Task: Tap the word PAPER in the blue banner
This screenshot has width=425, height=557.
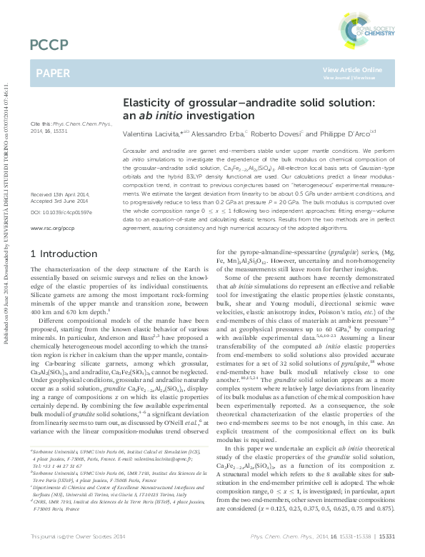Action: pyautogui.click(x=53, y=73)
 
